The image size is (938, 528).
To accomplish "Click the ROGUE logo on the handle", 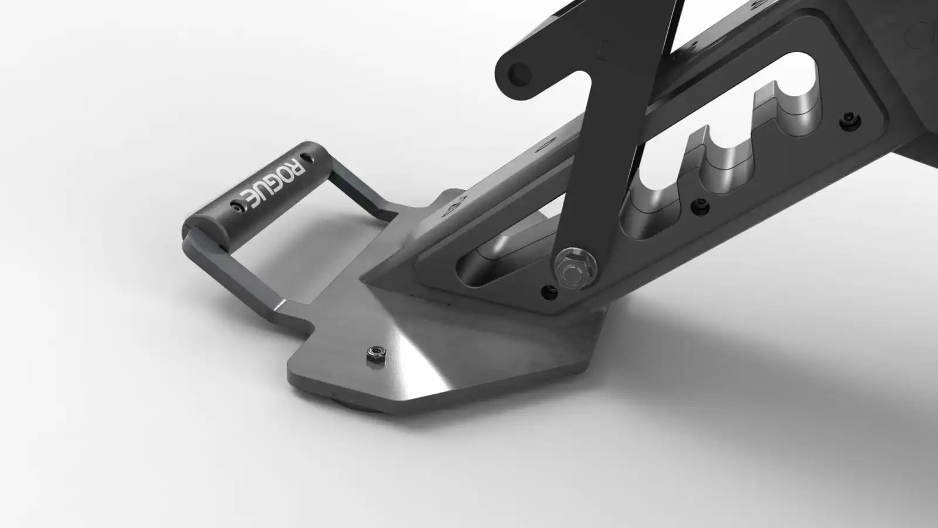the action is pos(272,184).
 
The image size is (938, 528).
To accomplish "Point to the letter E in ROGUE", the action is pos(249,199).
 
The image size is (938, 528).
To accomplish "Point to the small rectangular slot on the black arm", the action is pos(603,50).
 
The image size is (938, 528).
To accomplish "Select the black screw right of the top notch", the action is pos(850,121).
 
